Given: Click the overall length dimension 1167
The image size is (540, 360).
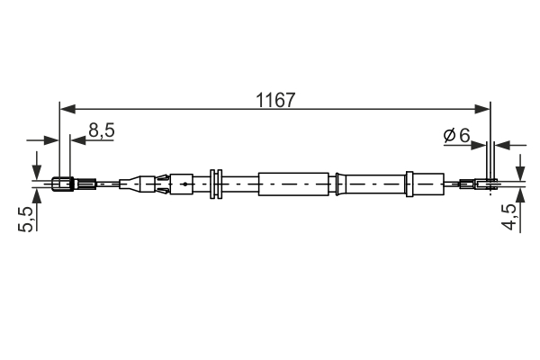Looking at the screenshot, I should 275,100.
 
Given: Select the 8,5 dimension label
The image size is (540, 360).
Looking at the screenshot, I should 101,130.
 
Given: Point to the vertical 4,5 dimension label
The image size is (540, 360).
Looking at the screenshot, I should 510,219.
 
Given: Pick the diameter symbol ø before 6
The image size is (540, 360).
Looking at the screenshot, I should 449,135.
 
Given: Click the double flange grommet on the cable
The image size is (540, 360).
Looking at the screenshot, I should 215,184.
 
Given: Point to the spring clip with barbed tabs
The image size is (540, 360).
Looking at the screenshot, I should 162,184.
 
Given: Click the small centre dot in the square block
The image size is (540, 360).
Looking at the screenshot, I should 184,184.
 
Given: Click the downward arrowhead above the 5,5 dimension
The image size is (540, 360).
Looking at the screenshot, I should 36,174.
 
